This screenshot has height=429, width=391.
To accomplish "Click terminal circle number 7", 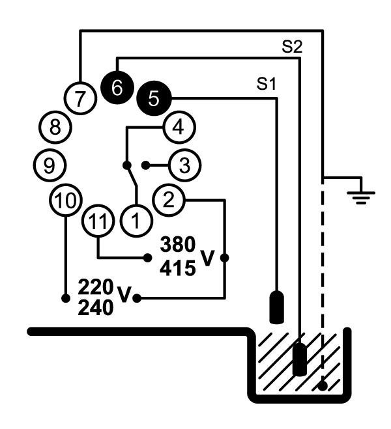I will pyautogui.click(x=79, y=100).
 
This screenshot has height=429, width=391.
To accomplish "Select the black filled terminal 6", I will pyautogui.click(x=117, y=87).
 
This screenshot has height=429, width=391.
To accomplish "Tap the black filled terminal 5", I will pyautogui.click(x=154, y=98).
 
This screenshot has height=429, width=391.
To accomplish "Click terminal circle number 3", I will pyautogui.click(x=184, y=165).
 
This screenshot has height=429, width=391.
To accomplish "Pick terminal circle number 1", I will pyautogui.click(x=136, y=221).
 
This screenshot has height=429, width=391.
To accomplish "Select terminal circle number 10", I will pyautogui.click(x=65, y=201).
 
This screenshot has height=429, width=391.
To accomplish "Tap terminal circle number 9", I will pyautogui.click(x=51, y=165).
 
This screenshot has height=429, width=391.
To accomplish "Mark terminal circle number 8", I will pyautogui.click(x=55, y=128).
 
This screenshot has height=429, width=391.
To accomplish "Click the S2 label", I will pyautogui.click(x=291, y=48).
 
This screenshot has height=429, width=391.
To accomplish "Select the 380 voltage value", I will pyautogui.click(x=177, y=245).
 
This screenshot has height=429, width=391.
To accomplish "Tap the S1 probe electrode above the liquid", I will pyautogui.click(x=278, y=308).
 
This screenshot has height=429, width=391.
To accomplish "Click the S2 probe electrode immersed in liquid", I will pyautogui.click(x=299, y=358).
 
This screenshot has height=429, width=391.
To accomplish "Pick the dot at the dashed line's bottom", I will pyautogui.click(x=323, y=386).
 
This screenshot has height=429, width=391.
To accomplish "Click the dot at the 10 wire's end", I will pyautogui.click(x=66, y=298).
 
